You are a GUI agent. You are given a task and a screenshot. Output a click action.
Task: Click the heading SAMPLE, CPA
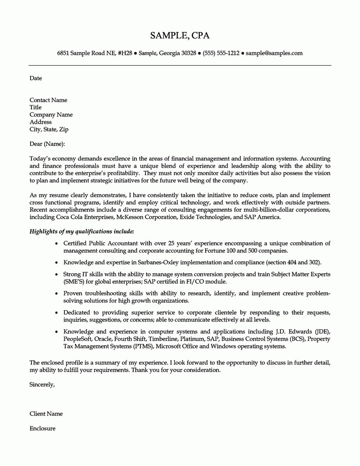point(180,36)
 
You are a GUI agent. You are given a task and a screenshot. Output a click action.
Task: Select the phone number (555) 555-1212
point(221,53)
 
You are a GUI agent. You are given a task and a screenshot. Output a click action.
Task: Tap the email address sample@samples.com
point(274,53)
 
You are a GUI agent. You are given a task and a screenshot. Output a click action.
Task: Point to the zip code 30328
point(189,53)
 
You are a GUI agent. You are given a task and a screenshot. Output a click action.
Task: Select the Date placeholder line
point(36,78)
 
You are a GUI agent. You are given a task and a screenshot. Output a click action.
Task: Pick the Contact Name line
point(48,100)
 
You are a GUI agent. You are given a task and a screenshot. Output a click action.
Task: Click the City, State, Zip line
point(49,129)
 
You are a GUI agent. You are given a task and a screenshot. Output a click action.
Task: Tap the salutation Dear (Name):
point(47,144)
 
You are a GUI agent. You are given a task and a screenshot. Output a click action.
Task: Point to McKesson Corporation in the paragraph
point(147,217)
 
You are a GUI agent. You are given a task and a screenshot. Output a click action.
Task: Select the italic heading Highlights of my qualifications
point(81,231)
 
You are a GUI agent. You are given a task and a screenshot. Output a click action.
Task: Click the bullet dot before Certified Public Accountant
point(56,244)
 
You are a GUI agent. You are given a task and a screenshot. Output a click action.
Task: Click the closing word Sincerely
point(42,385)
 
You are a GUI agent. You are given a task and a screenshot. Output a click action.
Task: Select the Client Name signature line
point(46,414)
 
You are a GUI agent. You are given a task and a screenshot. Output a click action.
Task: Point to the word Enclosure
point(42,429)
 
